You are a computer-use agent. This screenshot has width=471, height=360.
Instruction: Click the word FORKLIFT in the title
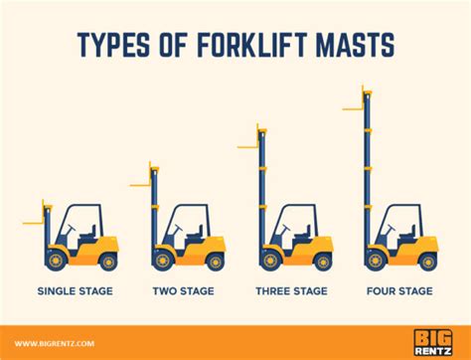[x=252, y=44]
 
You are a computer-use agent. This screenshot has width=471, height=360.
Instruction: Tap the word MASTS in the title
[x=355, y=44]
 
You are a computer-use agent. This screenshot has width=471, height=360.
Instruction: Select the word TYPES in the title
[x=113, y=44]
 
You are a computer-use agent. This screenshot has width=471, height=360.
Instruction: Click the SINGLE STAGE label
[x=76, y=291]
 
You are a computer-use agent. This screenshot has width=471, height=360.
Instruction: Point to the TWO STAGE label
[x=184, y=291]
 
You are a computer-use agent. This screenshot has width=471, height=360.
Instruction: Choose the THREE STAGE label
[x=291, y=291]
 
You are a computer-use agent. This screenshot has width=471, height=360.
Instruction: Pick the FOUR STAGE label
[x=399, y=291]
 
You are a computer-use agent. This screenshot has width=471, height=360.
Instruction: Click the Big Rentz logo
[x=432, y=342]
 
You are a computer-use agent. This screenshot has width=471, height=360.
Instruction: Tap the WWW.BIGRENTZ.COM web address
[x=55, y=343]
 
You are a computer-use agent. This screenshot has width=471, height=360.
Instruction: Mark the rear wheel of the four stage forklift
[x=428, y=262]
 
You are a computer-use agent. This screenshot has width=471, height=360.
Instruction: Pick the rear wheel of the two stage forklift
[x=215, y=262]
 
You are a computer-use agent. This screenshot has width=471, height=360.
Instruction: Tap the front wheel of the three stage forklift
[x=270, y=260]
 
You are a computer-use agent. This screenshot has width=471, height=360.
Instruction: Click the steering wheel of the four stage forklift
[x=392, y=228]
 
